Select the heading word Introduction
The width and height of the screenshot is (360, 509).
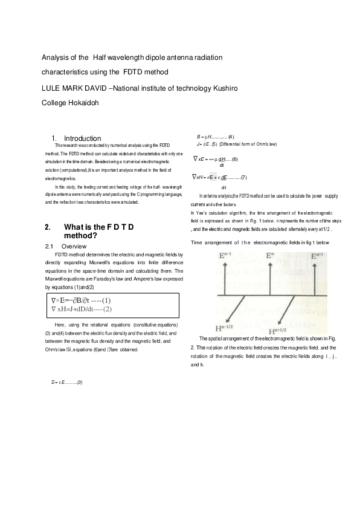point(83,138)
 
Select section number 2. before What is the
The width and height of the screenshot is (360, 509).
point(48,227)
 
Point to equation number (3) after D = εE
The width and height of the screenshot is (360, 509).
point(79,382)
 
